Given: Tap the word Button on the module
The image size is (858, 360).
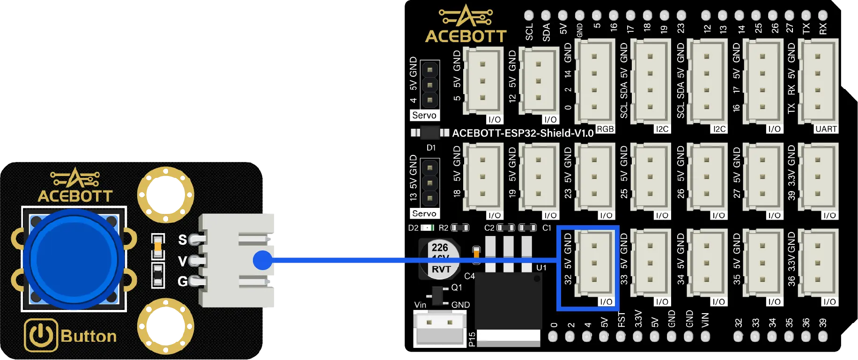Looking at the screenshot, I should [89, 336].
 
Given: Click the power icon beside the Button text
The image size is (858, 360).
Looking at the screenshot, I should [41, 335].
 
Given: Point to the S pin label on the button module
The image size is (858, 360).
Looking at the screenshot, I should [183, 240].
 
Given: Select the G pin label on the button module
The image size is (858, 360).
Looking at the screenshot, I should [183, 281].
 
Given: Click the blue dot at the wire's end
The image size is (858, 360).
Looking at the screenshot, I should [262, 260].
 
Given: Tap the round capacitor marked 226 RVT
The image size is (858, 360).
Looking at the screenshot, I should [440, 259].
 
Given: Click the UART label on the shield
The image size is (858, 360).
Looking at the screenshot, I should [826, 129].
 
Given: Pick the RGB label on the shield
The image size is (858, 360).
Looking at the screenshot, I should [605, 129].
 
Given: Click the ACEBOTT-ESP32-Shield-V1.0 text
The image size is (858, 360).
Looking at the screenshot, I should [523, 133].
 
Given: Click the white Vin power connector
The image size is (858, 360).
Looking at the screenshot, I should [439, 327].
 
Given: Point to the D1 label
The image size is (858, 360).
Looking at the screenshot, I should [431, 148].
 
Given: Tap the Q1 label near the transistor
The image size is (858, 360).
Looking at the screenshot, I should [457, 287].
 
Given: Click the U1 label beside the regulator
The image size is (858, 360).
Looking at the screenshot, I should [541, 268].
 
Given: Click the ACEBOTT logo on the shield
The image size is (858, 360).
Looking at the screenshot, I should [466, 24].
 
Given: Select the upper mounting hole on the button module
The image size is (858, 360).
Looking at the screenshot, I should [165, 195].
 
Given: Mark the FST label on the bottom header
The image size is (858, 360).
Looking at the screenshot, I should [621, 319].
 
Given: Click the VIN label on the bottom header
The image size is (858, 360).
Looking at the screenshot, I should [705, 320].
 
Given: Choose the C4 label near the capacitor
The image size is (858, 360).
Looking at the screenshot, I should [469, 276].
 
